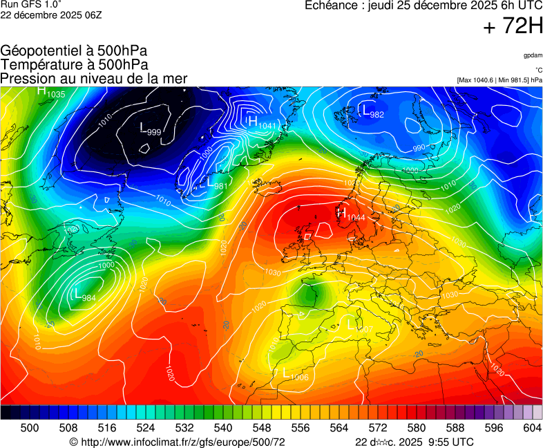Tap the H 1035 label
coord(50,92)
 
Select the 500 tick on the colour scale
coord(30,428)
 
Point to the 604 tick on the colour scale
coord(532,428)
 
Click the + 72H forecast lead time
coord(513,27)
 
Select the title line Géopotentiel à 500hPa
coord(74,51)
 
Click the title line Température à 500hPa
coord(74,65)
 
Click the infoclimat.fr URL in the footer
coord(178,442)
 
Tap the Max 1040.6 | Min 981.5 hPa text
coord(499,80)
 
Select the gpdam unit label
coord(533,55)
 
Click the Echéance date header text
coord(423,6)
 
